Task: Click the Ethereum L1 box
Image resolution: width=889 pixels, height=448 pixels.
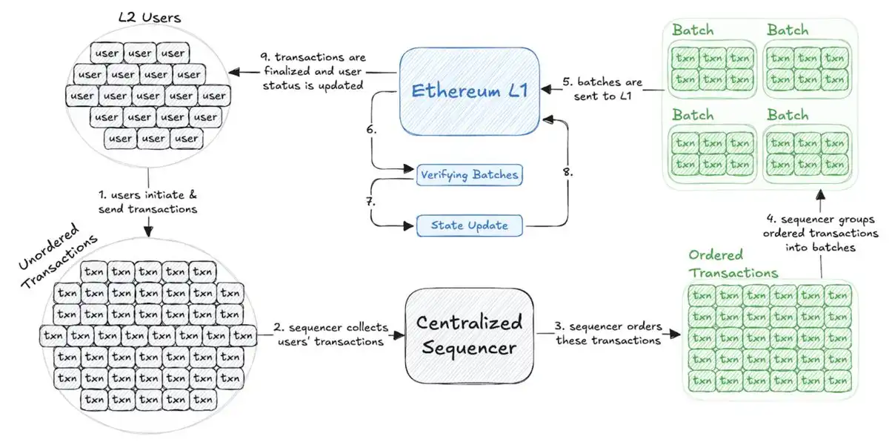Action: point(468,91)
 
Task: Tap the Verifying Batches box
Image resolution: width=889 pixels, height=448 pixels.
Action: point(468,175)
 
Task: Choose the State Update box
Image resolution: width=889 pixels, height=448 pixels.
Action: point(468,225)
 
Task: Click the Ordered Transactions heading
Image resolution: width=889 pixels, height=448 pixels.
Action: point(733,264)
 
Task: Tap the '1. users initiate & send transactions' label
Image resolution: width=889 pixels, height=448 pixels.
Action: point(149,202)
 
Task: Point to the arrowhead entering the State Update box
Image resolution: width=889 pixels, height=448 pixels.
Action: point(410,224)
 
